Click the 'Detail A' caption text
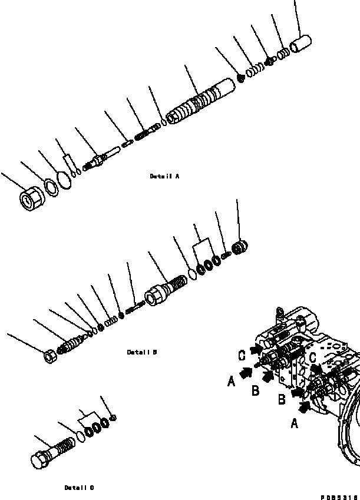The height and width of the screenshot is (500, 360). pos(164,176)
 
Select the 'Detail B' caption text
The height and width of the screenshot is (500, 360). pos(142,352)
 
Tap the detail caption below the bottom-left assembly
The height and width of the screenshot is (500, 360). pos(79,488)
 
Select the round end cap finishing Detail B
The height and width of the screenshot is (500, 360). pos(240,247)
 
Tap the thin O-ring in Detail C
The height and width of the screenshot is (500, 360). pos(81,436)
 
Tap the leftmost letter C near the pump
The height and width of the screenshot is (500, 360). pos(242,356)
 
